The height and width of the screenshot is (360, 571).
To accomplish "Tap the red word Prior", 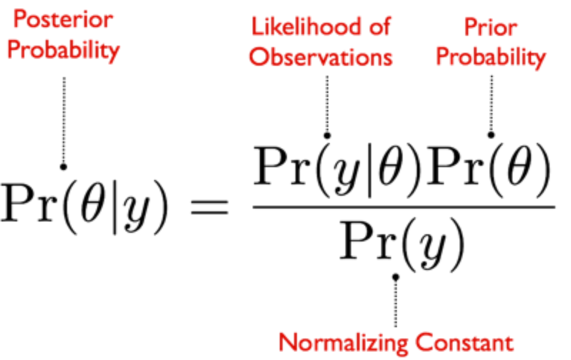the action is point(491,26).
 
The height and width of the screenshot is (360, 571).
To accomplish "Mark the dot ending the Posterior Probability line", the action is point(64,166).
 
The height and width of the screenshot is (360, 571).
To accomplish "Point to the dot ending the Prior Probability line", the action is point(491,134).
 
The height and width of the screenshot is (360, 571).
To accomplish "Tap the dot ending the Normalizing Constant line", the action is point(395,276).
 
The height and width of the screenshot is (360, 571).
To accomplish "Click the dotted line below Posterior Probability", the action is point(64,118).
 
